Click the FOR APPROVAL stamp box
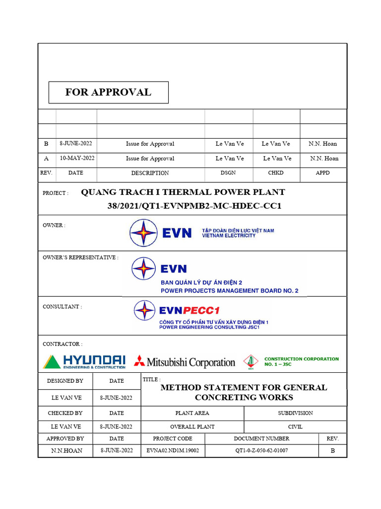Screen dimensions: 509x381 tap(108, 92)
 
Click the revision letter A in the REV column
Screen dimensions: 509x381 tap(46, 159)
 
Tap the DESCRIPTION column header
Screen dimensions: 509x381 tap(150, 173)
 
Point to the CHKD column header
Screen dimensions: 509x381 tap(276, 173)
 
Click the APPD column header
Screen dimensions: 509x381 tap(322, 173)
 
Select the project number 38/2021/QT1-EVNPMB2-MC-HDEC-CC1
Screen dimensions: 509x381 tap(194, 206)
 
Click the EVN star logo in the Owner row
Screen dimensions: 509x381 tap(144, 233)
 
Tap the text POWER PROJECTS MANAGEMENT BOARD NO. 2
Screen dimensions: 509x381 tap(229, 291)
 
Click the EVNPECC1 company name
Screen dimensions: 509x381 tap(189, 311)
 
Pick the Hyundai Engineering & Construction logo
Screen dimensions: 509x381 tap(84, 361)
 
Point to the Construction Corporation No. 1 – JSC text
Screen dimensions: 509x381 tap(301, 361)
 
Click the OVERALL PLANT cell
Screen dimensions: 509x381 tap(192, 427)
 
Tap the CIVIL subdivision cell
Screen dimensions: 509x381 tap(295, 427)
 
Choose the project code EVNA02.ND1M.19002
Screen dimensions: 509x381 tap(173, 451)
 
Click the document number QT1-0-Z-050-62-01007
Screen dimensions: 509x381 tap(261, 451)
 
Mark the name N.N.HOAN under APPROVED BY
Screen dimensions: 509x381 tap(67, 451)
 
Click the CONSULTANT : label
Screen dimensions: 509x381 tap(63, 307)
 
